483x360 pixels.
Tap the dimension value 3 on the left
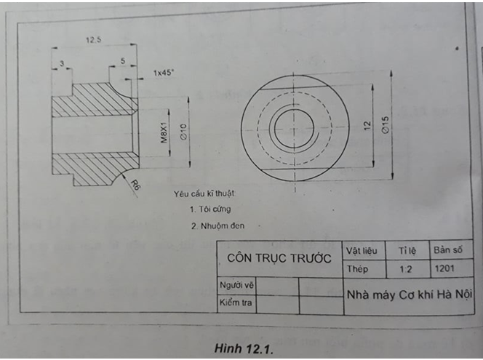coord(62,64)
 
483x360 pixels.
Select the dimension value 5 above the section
coord(124,61)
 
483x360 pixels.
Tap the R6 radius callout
coord(135,186)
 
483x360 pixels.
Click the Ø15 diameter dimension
coord(386,124)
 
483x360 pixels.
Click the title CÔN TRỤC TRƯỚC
coord(279,257)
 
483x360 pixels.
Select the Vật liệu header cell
coord(361,250)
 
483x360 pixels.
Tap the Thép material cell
coord(357,269)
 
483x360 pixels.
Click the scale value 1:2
coord(407,269)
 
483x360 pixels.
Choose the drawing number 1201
coord(444,268)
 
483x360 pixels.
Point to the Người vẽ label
coord(236,286)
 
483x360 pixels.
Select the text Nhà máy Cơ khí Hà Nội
coord(410,295)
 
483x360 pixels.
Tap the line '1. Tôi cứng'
coord(210,209)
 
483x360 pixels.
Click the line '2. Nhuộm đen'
coord(217,225)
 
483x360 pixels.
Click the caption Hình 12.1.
coord(243,348)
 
